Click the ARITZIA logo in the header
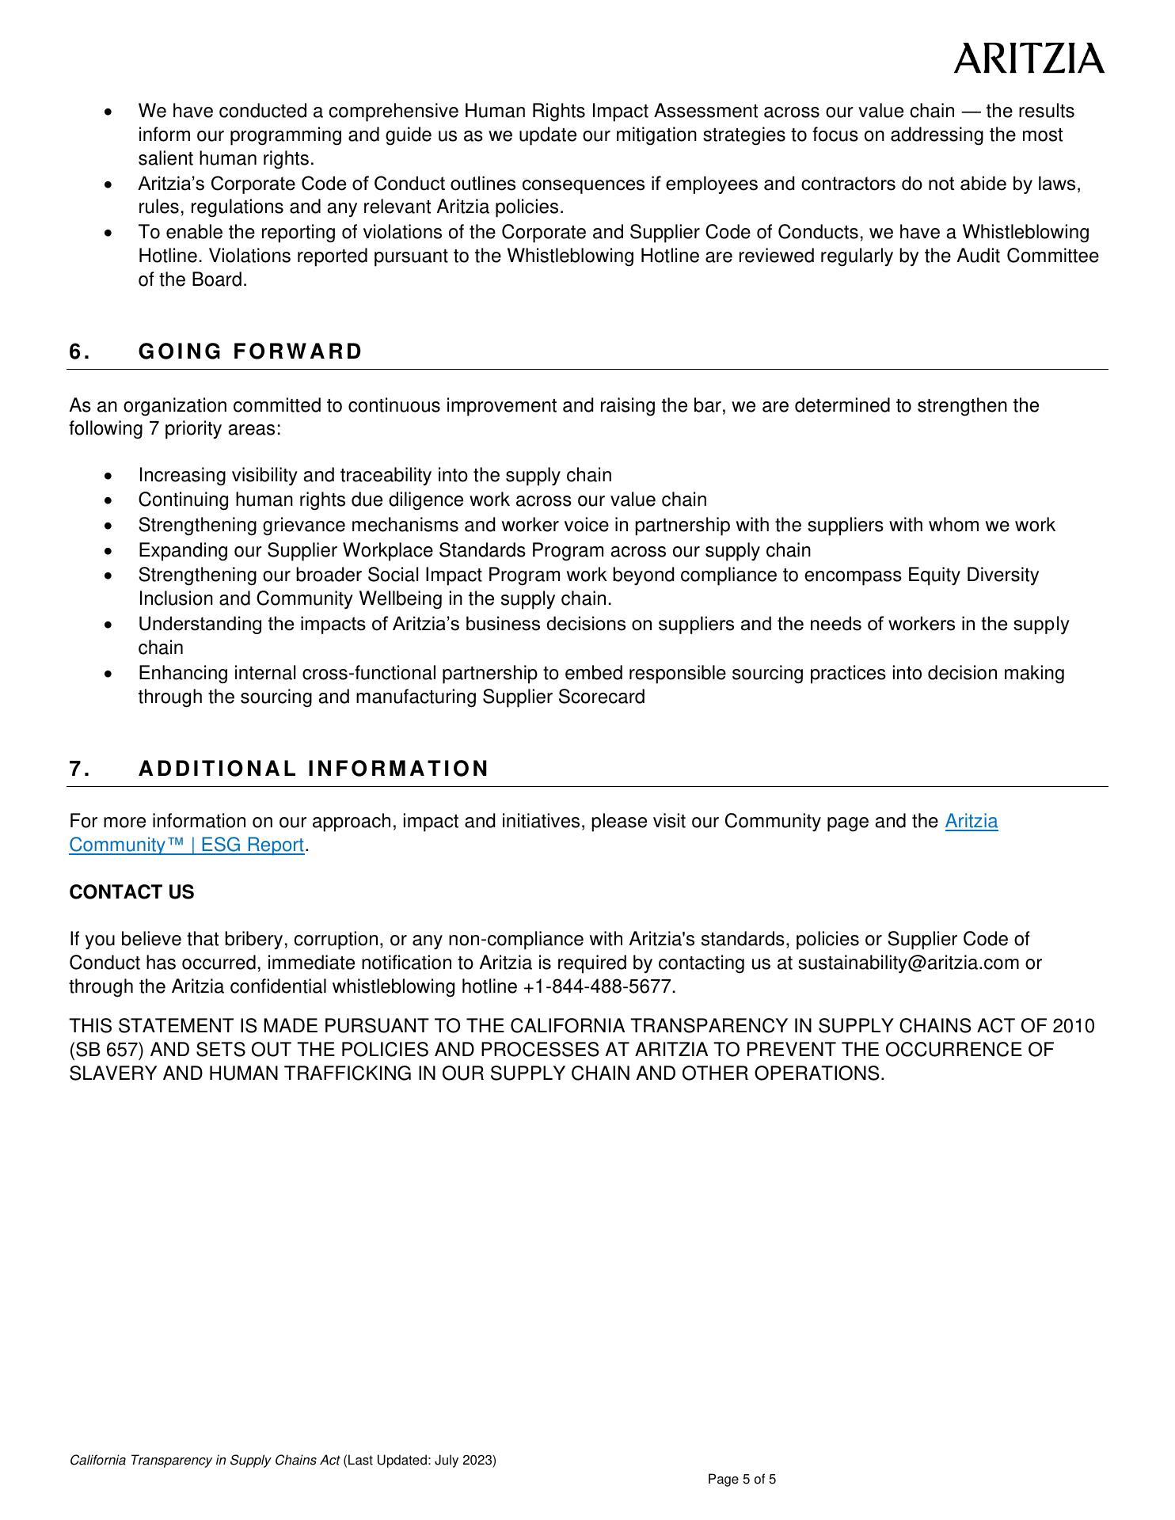pyautogui.click(x=1028, y=59)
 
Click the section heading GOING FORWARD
pyautogui.click(x=250, y=351)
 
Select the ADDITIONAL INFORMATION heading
pyautogui.click(x=314, y=769)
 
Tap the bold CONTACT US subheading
pyautogui.click(x=131, y=892)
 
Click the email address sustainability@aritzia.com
pyautogui.click(x=908, y=963)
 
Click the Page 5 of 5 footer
pyautogui.click(x=742, y=1479)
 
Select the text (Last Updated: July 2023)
pyautogui.click(x=420, y=1460)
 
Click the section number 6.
pyautogui.click(x=78, y=351)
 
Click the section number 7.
pyautogui.click(x=78, y=769)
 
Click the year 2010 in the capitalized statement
pyautogui.click(x=1073, y=1026)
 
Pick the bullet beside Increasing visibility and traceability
pyautogui.click(x=108, y=476)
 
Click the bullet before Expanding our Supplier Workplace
pyautogui.click(x=108, y=551)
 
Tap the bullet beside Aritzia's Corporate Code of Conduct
pyautogui.click(x=108, y=184)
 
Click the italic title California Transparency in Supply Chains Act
pyautogui.click(x=204, y=1460)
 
